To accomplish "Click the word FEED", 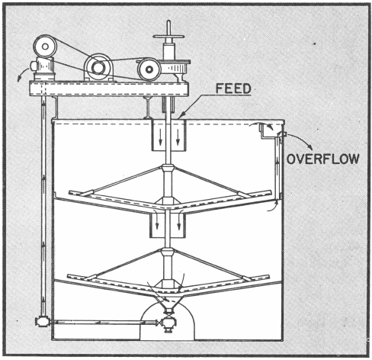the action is (x=233, y=88).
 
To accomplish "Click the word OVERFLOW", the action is (x=323, y=159).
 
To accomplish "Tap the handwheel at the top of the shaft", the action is (x=168, y=37).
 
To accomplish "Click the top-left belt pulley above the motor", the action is (x=45, y=47).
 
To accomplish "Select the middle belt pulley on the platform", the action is (x=98, y=67).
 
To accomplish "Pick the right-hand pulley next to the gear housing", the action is (x=149, y=69).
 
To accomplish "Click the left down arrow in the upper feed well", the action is (x=160, y=138).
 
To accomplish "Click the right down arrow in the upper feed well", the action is (x=178, y=138).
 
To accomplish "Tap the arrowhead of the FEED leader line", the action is (x=180, y=117).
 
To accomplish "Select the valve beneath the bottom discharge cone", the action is (x=168, y=323).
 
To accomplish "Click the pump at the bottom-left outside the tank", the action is (x=42, y=321).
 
